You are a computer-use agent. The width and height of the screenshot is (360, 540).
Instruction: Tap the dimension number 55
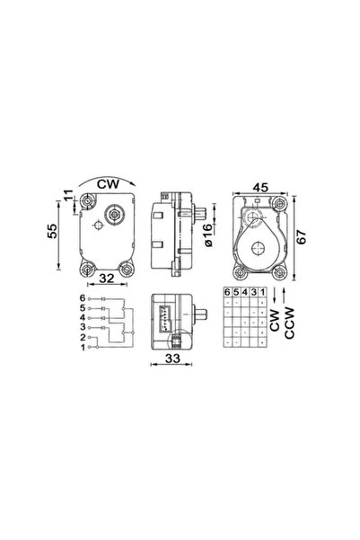point(56,231)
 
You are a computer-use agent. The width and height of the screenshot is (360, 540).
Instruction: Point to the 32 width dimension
point(107,278)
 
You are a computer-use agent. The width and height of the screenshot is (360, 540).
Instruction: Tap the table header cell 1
point(262,293)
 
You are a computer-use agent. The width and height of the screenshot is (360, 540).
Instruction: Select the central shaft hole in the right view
point(261,247)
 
